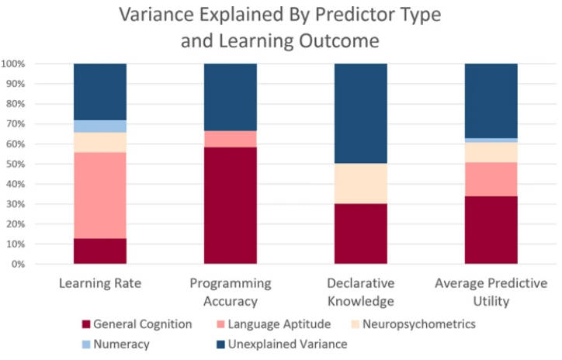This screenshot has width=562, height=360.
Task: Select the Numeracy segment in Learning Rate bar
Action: tap(100, 126)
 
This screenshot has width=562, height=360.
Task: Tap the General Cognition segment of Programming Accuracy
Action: tap(230, 206)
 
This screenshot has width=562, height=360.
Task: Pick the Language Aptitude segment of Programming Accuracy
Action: tap(230, 139)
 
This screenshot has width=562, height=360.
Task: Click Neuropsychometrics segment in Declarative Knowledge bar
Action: tap(360, 183)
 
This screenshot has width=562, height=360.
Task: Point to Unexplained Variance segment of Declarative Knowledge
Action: tap(360, 113)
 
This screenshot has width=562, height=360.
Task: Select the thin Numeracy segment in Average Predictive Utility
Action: tap(491, 140)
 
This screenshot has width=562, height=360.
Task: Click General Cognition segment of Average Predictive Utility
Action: tap(491, 230)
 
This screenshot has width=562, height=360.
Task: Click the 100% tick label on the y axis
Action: tap(16, 64)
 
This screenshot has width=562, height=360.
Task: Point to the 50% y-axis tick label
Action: tap(19, 164)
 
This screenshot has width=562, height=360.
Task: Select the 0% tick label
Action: tap(22, 265)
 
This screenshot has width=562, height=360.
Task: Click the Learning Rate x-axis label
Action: tap(100, 282)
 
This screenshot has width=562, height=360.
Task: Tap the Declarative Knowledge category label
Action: tap(360, 292)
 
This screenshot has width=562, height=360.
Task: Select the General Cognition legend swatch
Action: tap(87, 324)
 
